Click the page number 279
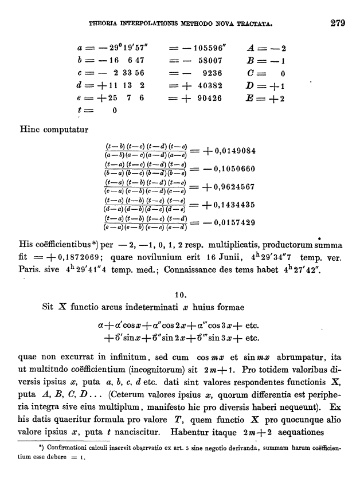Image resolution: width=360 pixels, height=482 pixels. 336,24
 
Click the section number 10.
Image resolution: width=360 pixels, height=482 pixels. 179,294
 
